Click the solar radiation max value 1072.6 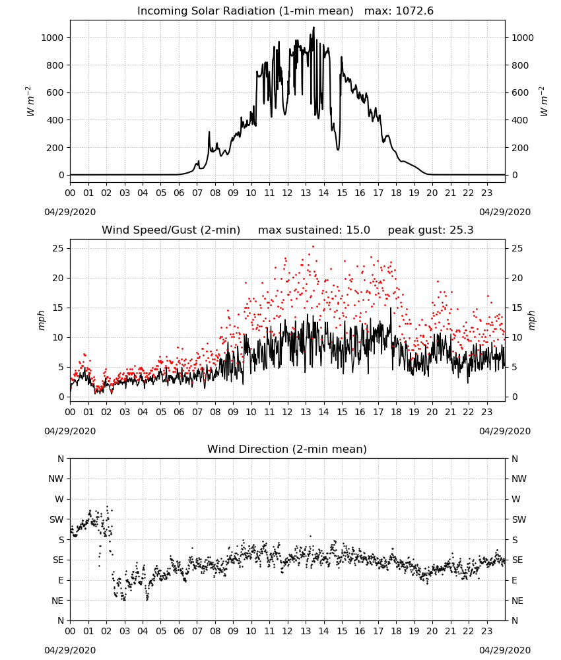(414, 11)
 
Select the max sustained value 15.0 (358, 230)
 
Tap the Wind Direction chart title (287, 449)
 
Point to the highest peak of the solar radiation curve (313, 27)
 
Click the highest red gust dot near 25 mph (313, 247)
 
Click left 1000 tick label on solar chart (52, 38)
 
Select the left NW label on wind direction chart (55, 478)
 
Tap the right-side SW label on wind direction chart (519, 519)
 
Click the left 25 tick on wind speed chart (58, 248)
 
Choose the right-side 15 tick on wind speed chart (517, 308)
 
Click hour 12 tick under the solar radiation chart (287, 193)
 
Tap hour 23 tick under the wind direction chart (486, 631)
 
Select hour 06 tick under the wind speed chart (179, 412)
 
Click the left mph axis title (41, 320)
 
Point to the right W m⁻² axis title (543, 102)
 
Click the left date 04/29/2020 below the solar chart (70, 212)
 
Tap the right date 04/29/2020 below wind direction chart (505, 650)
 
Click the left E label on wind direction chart (61, 580)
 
